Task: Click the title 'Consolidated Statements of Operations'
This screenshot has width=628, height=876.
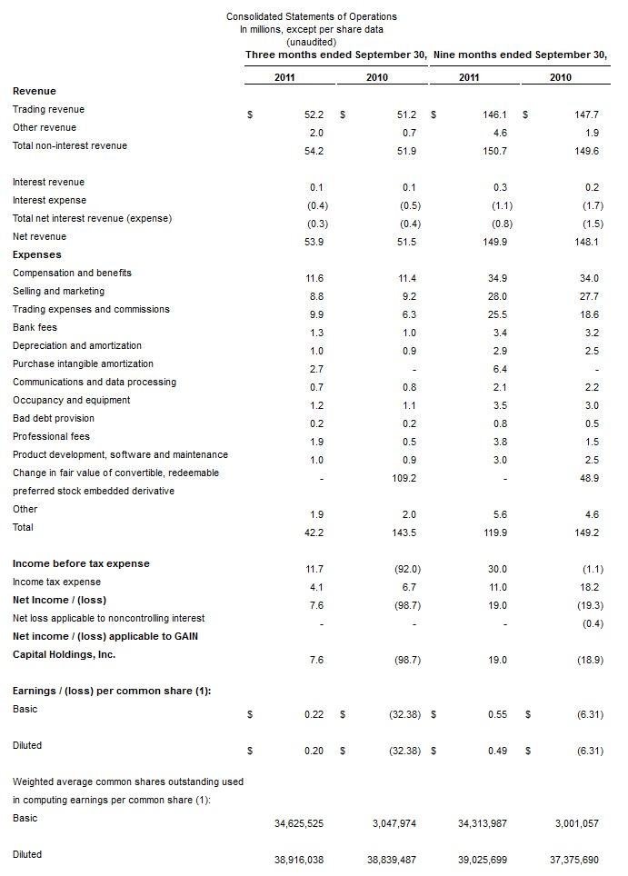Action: click(311, 16)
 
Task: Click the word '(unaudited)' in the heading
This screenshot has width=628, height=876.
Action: click(311, 42)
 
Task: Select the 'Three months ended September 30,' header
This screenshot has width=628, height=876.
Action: click(336, 55)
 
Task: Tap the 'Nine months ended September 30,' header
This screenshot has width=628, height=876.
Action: click(520, 55)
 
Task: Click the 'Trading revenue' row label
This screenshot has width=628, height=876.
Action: click(48, 109)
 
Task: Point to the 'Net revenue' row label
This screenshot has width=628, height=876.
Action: click(39, 236)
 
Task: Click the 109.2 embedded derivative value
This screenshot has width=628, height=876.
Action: click(403, 478)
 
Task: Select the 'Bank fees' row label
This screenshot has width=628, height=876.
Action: click(35, 327)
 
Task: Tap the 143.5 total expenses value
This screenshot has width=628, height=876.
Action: click(403, 533)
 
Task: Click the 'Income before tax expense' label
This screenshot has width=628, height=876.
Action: click(81, 563)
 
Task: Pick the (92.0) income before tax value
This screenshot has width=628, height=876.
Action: click(404, 569)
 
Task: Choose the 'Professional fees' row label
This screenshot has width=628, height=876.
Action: click(51, 436)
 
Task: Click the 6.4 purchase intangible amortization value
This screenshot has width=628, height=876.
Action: click(499, 369)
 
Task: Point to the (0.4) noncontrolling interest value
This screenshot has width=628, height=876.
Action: click(591, 623)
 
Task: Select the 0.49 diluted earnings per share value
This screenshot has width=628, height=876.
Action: click(497, 751)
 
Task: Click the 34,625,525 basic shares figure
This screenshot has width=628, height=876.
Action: click(298, 823)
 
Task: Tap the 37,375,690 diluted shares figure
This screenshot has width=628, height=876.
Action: click(574, 860)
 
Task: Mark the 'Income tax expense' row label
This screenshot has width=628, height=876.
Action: click(56, 582)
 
